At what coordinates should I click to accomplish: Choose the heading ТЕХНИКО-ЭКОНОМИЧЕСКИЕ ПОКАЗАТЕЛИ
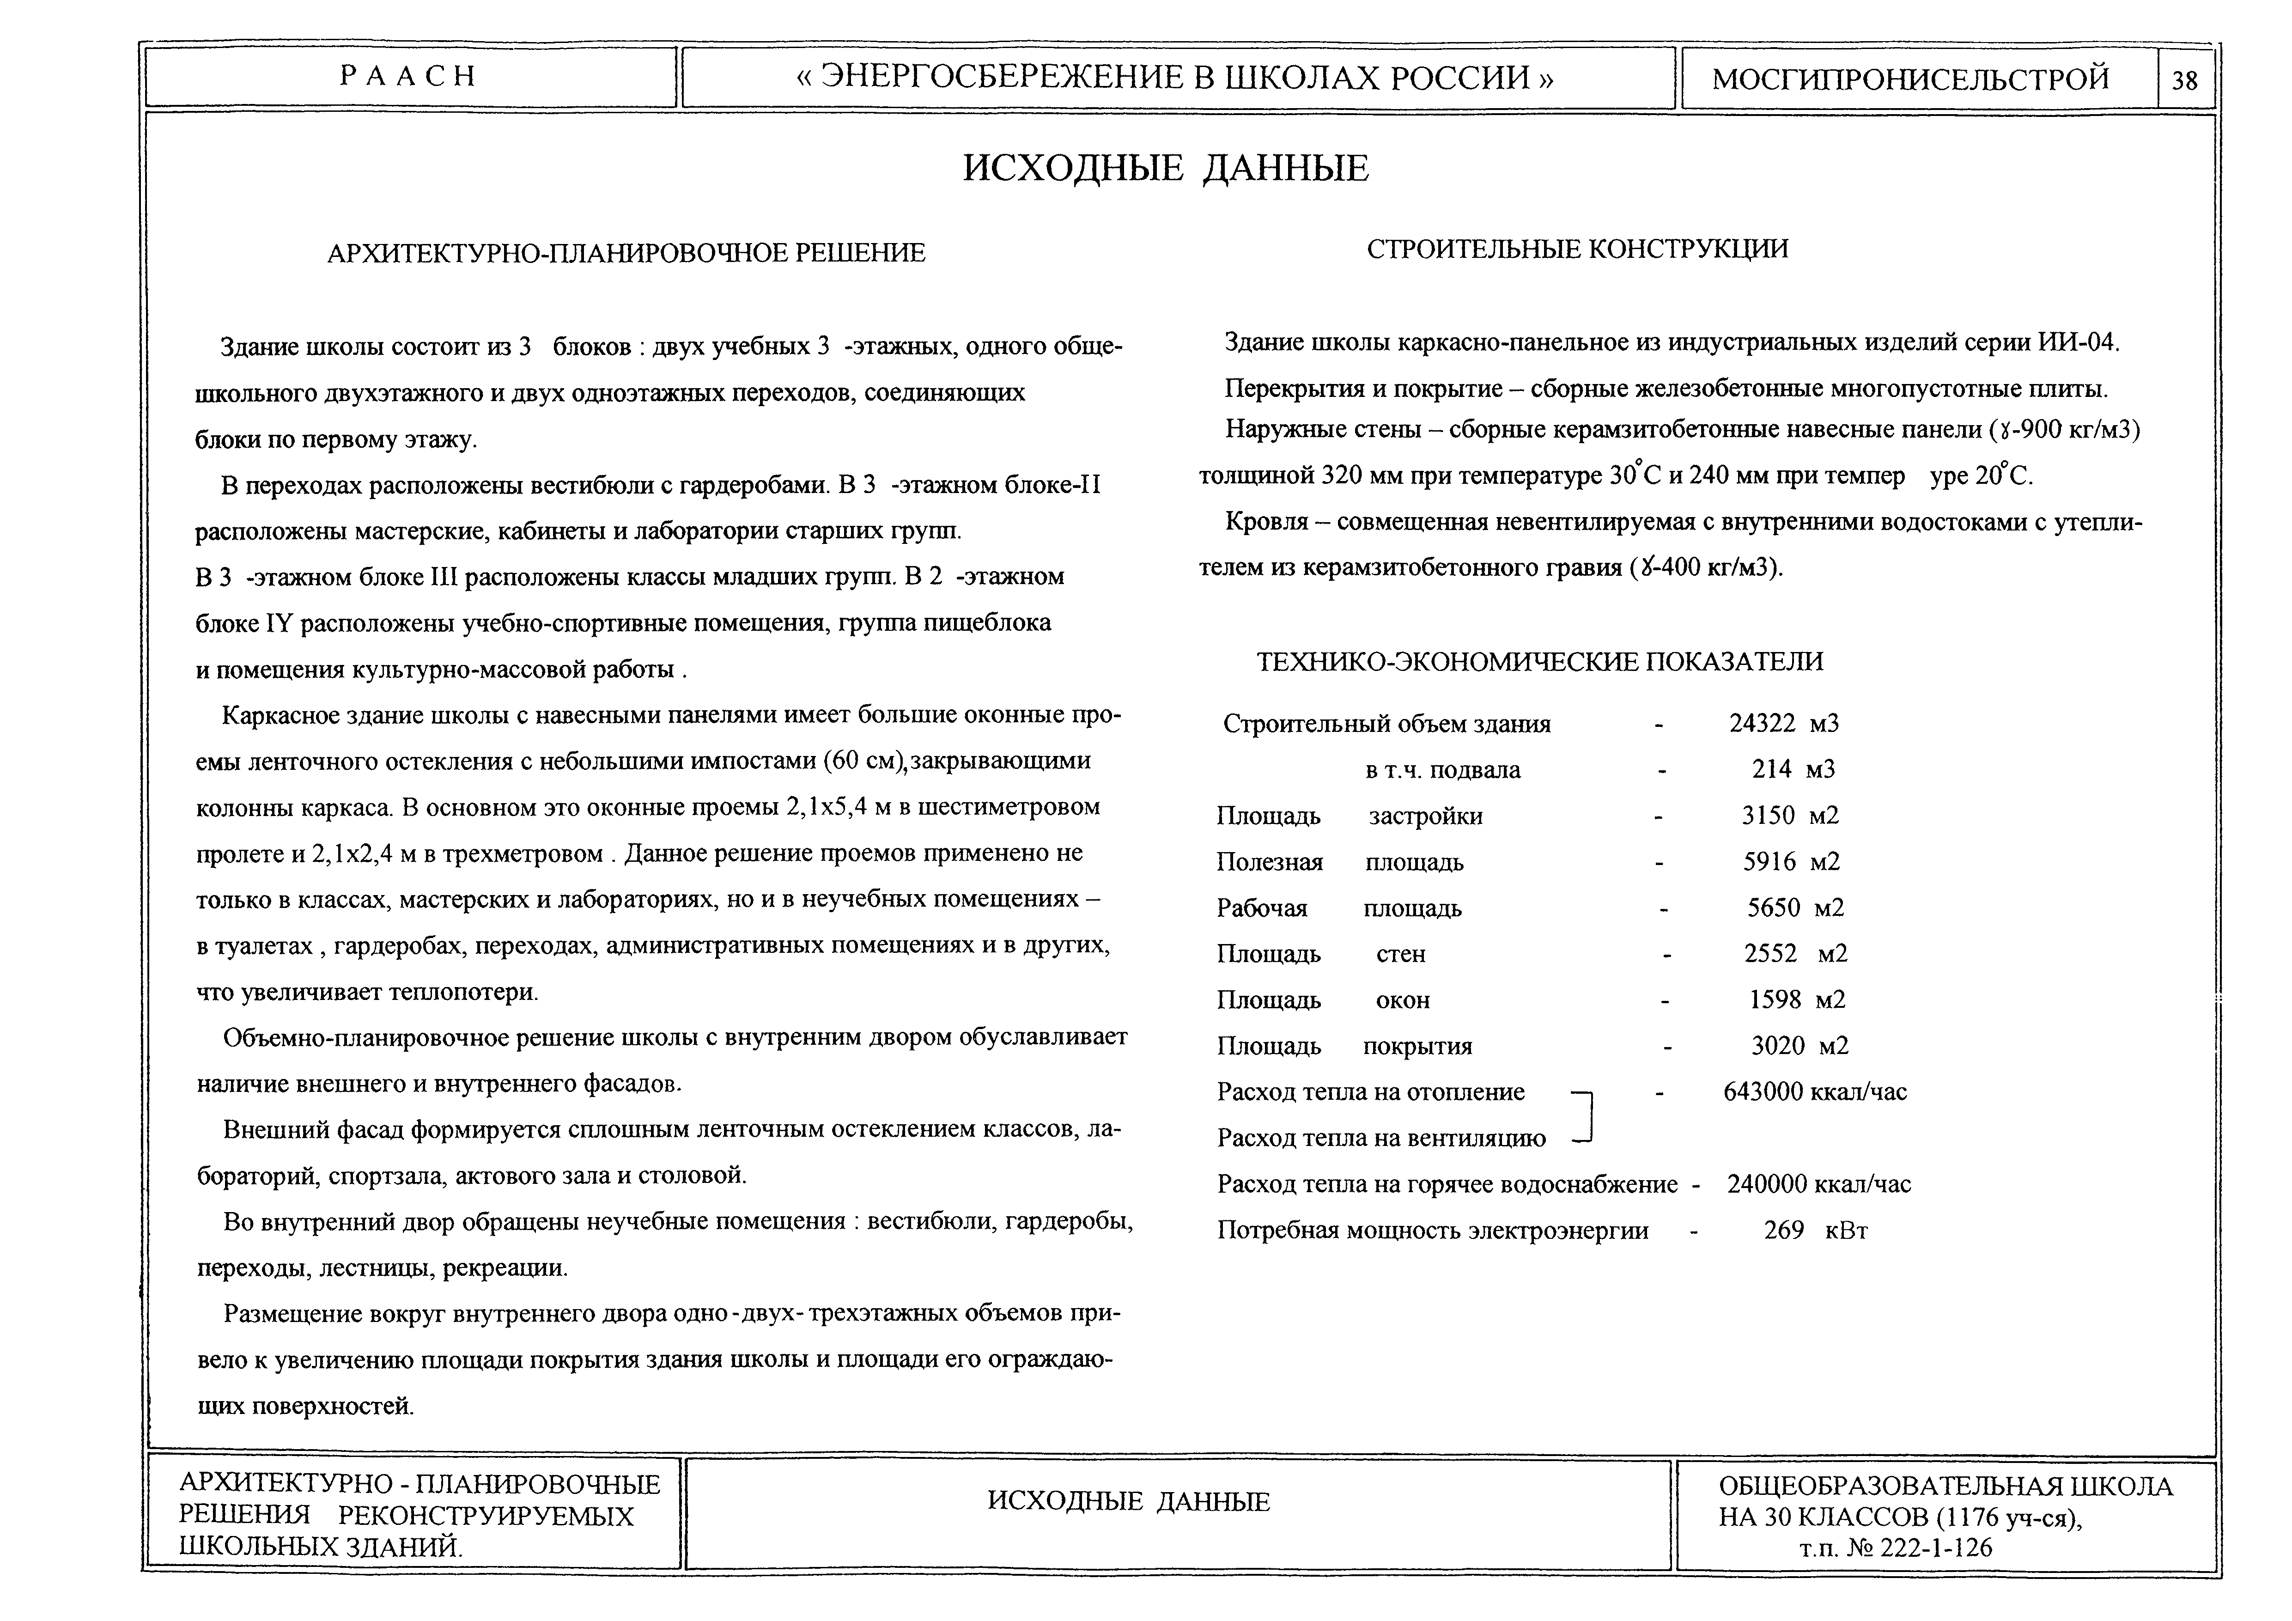point(1539,662)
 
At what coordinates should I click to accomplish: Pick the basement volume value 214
point(1772,769)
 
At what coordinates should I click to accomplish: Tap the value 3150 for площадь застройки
point(1768,816)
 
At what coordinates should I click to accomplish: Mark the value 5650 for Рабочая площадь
point(1773,908)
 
